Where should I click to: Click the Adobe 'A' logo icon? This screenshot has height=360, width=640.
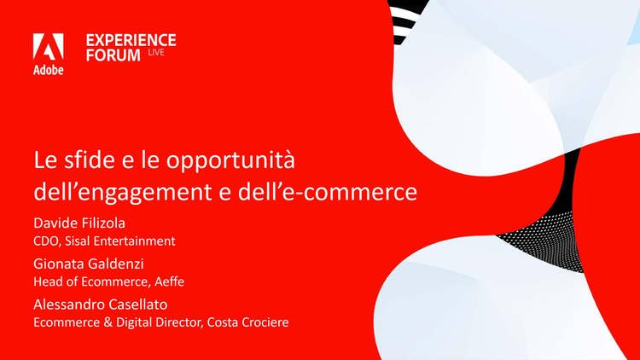pos(48,47)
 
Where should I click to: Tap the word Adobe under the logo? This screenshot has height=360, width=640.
pos(48,70)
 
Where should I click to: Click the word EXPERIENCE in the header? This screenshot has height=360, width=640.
pos(131,40)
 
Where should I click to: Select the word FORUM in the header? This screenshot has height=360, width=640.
pos(113,55)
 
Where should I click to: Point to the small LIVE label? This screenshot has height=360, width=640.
pos(156,52)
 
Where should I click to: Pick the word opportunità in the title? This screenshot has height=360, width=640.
pos(230,161)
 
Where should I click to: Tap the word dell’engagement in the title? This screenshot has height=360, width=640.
pos(122,192)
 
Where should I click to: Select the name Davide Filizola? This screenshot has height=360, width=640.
pos(79,223)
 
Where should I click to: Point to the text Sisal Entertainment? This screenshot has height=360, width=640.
pos(120,241)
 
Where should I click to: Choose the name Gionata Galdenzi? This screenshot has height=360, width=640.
pos(89,264)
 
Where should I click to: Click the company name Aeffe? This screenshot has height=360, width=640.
pos(170,282)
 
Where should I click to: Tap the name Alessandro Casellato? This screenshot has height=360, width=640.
pos(101,305)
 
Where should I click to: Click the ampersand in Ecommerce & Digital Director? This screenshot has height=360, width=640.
pos(108,322)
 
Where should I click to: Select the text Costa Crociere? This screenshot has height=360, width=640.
pos(247,322)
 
